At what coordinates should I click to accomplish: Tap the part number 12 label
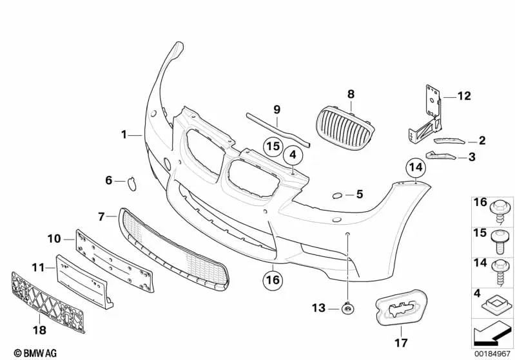464,97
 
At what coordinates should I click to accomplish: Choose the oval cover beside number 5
338,194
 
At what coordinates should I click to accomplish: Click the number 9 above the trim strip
277,109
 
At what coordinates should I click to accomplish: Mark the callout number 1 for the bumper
124,135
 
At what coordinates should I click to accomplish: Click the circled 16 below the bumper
273,279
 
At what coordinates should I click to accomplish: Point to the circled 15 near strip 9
273,146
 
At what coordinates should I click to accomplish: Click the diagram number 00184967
492,353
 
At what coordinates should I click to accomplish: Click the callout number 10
53,238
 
